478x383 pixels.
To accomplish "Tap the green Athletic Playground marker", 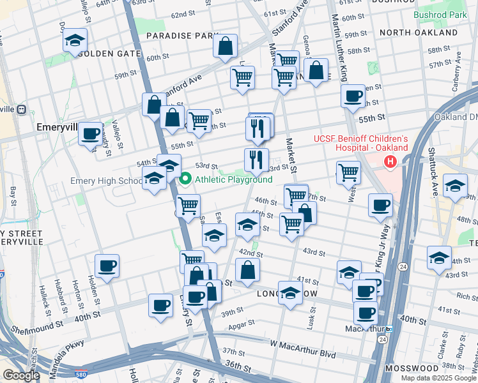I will pos(186,179).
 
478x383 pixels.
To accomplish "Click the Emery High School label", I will pos(106,181).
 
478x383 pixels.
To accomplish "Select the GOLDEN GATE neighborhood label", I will pos(104,54).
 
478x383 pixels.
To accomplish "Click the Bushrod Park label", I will pos(440,14).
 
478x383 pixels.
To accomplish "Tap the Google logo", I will pos(21,375).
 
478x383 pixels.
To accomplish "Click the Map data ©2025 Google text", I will pos(438,378).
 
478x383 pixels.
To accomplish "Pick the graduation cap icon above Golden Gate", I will pos(75,40).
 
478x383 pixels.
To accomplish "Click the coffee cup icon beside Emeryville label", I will pos(90,134).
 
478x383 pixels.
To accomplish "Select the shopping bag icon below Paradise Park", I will pos(225,46).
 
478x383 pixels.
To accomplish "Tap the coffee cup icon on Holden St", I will pos(107,266).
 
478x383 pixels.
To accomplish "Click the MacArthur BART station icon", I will pos(387,329).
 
